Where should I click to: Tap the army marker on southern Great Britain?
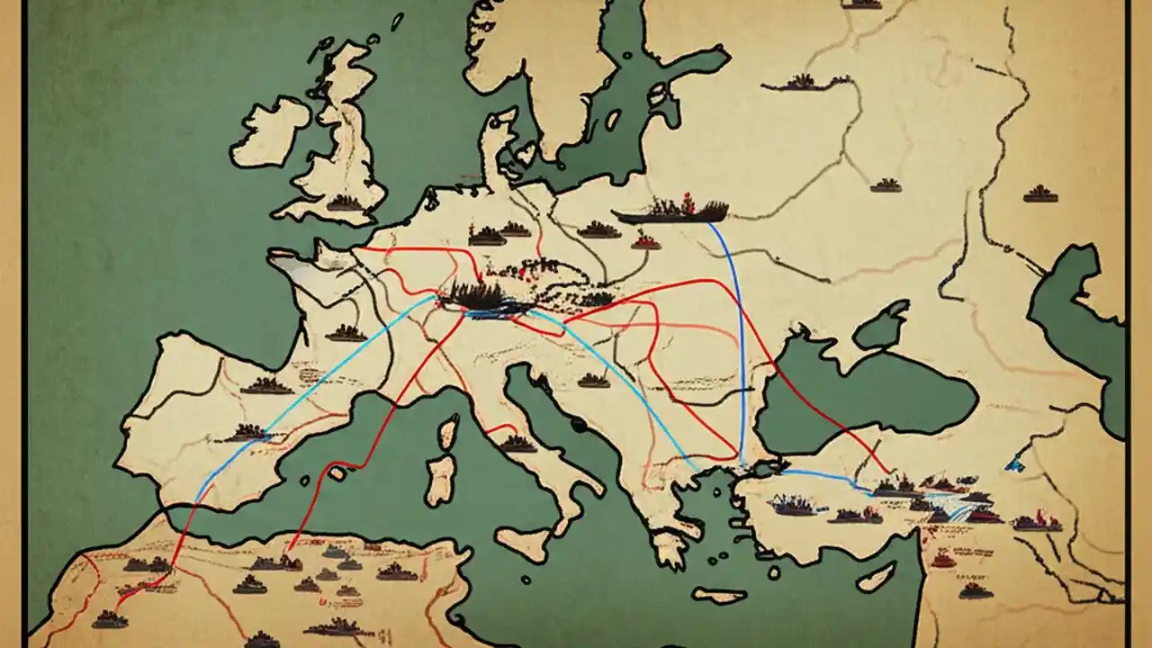coord(344,203)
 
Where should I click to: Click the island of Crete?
coord(719,595)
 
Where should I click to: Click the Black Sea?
coord(864,396)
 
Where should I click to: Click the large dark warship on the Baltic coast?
coord(673,212)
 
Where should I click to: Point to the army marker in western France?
coord(346,333)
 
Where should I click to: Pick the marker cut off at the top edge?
coord(861,4)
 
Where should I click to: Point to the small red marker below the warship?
coord(644,240)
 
